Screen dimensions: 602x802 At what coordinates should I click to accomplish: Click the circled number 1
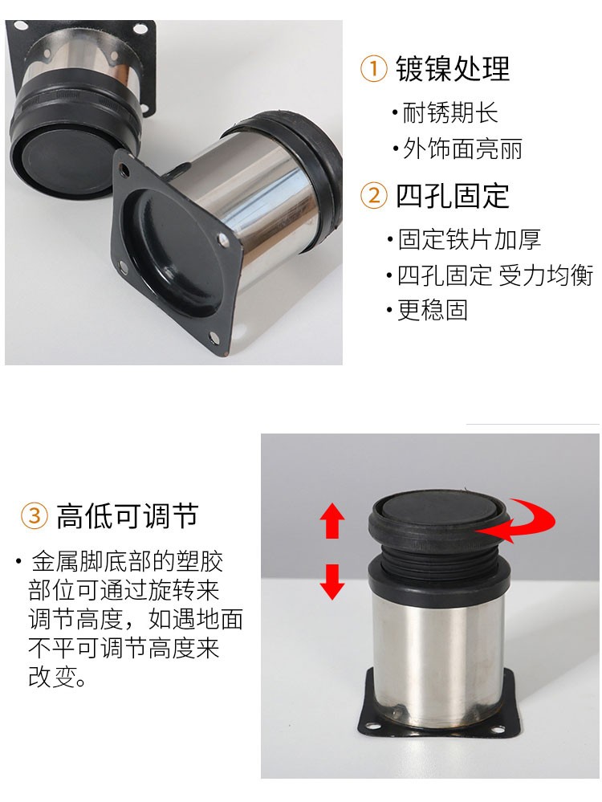tap(373, 68)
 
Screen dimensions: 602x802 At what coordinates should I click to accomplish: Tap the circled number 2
tap(374, 196)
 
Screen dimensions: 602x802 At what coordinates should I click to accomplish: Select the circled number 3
tap(35, 515)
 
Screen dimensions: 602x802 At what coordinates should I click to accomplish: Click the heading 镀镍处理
tap(453, 68)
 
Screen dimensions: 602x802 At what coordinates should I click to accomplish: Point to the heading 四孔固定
tap(453, 196)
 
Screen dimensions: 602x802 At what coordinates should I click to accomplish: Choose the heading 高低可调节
tap(127, 515)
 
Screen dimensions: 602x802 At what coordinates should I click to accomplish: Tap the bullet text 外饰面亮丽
tap(462, 149)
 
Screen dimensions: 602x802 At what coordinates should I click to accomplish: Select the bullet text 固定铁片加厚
tap(469, 239)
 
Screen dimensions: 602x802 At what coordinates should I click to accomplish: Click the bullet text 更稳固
tap(433, 310)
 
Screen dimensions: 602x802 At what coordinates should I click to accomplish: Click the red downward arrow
tap(332, 581)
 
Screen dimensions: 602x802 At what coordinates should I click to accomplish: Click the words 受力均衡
tap(546, 275)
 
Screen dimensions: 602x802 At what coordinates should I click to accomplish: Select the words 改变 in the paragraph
tap(51, 677)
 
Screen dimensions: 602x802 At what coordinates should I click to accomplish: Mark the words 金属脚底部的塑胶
tap(128, 562)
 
